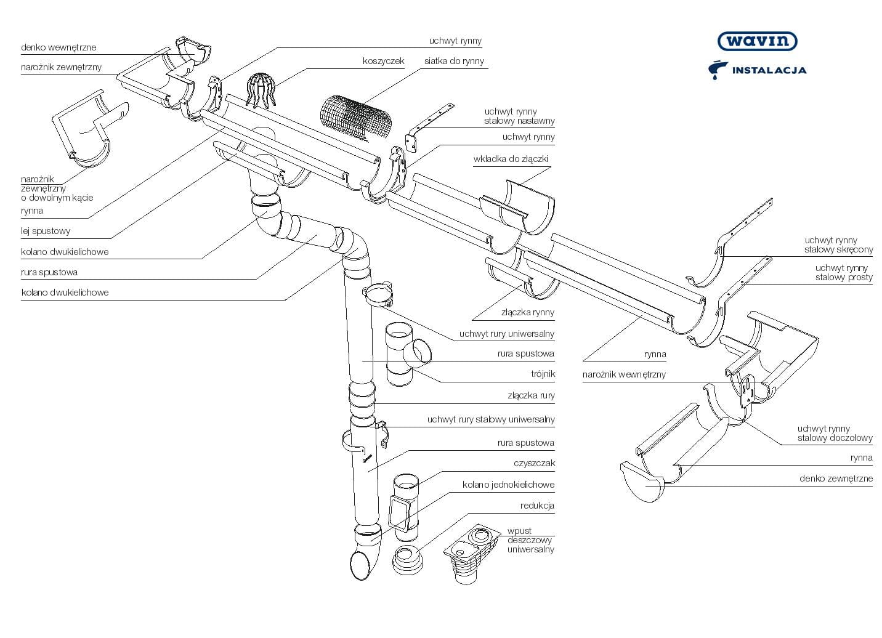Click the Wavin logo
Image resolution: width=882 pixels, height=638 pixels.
(757, 41)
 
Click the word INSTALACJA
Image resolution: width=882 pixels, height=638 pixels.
(769, 70)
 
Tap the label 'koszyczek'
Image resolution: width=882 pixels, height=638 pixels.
(383, 61)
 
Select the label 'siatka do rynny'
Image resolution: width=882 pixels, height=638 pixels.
(454, 61)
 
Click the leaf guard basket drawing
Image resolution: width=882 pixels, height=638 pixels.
(260, 91)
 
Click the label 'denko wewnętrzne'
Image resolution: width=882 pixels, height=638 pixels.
(59, 47)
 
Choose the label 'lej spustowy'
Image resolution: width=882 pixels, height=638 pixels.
(46, 231)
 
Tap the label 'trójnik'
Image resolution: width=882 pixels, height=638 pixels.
(543, 374)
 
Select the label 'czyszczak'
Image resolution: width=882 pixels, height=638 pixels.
(535, 463)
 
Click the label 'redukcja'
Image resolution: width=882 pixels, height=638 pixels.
(537, 506)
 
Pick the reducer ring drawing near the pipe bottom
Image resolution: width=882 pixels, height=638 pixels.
(407, 560)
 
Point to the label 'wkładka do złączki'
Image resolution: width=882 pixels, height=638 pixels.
(511, 159)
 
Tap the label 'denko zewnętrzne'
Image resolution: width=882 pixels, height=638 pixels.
(836, 478)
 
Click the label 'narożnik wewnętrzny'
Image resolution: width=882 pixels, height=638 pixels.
(624, 374)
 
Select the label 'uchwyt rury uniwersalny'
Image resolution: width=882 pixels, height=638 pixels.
(507, 334)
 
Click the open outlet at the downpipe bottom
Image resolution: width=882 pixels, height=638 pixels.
(360, 565)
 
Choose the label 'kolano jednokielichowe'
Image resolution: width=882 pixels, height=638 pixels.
(508, 485)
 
